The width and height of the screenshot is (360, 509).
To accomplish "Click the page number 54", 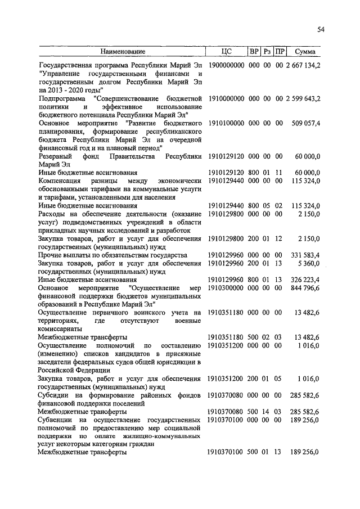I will (x=321, y=29).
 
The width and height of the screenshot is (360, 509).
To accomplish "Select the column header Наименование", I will (x=122, y=52).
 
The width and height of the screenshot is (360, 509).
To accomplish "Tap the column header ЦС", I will (x=227, y=52).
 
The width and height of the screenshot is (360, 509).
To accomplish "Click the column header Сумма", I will (x=305, y=52).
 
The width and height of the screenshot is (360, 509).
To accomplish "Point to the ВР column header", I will (x=254, y=52).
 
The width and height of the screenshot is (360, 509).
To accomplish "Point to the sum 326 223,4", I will (x=304, y=279).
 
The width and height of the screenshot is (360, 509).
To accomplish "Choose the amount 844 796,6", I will (x=304, y=287).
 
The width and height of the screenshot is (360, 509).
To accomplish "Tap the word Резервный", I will (x=56, y=156).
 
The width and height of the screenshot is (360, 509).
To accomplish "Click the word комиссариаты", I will (x=60, y=328).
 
